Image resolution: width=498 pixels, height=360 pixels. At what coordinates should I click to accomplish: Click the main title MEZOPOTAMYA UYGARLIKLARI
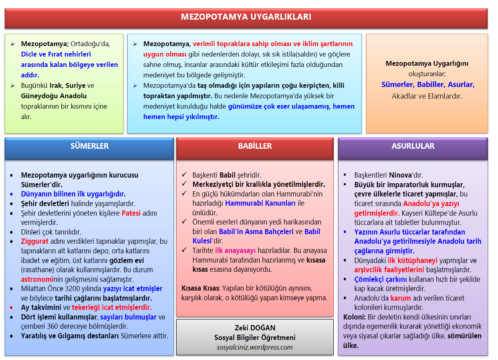[246, 17]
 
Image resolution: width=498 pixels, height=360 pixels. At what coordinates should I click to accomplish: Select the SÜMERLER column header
[89, 146]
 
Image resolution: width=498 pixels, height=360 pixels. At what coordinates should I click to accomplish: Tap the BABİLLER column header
[255, 146]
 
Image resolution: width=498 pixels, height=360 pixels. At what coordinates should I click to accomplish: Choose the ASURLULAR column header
[413, 146]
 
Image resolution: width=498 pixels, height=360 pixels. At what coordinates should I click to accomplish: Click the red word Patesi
[131, 213]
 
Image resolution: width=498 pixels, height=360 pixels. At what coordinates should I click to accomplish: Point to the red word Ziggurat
[34, 241]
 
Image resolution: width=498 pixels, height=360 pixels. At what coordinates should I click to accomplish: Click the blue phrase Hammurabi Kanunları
[260, 203]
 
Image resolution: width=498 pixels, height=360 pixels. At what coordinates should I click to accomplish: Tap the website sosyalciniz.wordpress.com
[255, 347]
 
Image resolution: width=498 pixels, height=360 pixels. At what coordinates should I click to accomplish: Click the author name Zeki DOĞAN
[255, 328]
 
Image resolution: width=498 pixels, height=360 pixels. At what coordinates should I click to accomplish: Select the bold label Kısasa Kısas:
[200, 288]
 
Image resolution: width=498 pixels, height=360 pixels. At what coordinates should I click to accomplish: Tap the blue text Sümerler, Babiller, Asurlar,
[427, 85]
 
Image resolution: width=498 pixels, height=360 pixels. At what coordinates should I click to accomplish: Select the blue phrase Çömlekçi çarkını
[381, 279]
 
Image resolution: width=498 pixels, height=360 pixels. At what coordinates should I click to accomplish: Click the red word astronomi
[37, 279]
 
